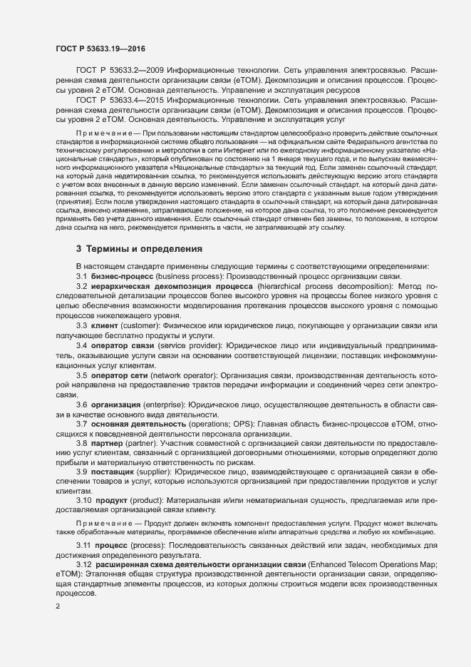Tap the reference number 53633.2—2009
coord(135,71)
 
